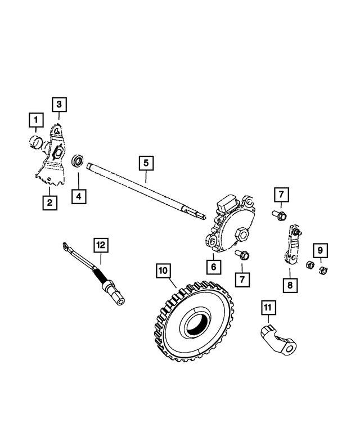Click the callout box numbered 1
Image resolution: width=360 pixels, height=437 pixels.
(x=35, y=120)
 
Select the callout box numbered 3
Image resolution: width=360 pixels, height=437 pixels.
(x=60, y=104)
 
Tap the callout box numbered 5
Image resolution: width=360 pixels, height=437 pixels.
(x=145, y=163)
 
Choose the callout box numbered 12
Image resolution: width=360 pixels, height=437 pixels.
(x=101, y=245)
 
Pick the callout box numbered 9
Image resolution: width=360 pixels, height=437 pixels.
(x=319, y=250)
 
